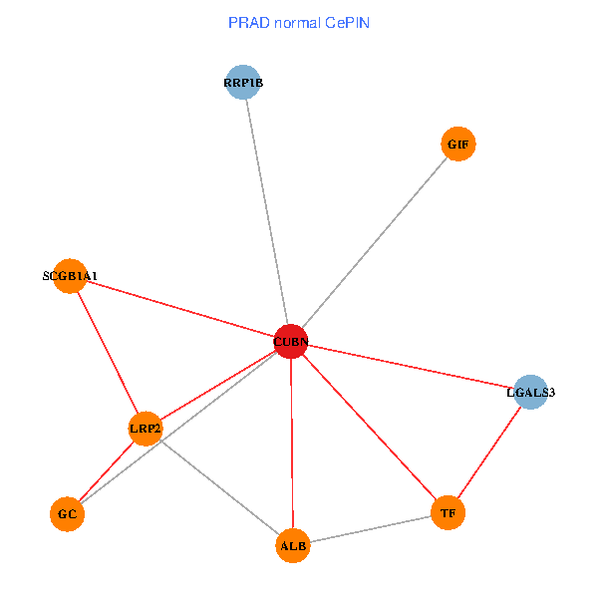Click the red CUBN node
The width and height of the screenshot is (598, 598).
(290, 342)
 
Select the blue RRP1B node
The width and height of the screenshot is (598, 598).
(243, 83)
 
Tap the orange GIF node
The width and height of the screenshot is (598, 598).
(457, 144)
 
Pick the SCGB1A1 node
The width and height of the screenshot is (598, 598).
(70, 276)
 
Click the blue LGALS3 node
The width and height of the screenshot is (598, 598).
(530, 392)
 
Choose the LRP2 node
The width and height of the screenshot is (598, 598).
(146, 429)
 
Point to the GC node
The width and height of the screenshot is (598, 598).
(67, 514)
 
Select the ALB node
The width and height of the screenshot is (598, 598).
(293, 545)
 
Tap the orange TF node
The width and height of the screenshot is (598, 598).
(448, 513)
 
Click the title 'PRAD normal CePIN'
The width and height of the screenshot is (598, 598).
(299, 23)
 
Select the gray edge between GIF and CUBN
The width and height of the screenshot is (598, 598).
(374, 242)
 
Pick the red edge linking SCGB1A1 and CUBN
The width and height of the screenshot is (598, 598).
(179, 309)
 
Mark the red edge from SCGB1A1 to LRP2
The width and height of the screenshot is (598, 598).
(108, 352)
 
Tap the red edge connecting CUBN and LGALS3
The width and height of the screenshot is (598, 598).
(410, 367)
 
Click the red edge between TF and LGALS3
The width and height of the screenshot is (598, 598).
(488, 452)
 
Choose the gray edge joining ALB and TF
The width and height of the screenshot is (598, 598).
(370, 529)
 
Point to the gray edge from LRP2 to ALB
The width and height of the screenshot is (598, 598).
(219, 486)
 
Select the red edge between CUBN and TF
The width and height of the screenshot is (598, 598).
(369, 428)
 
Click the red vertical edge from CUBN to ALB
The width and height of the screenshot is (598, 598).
(291, 444)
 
